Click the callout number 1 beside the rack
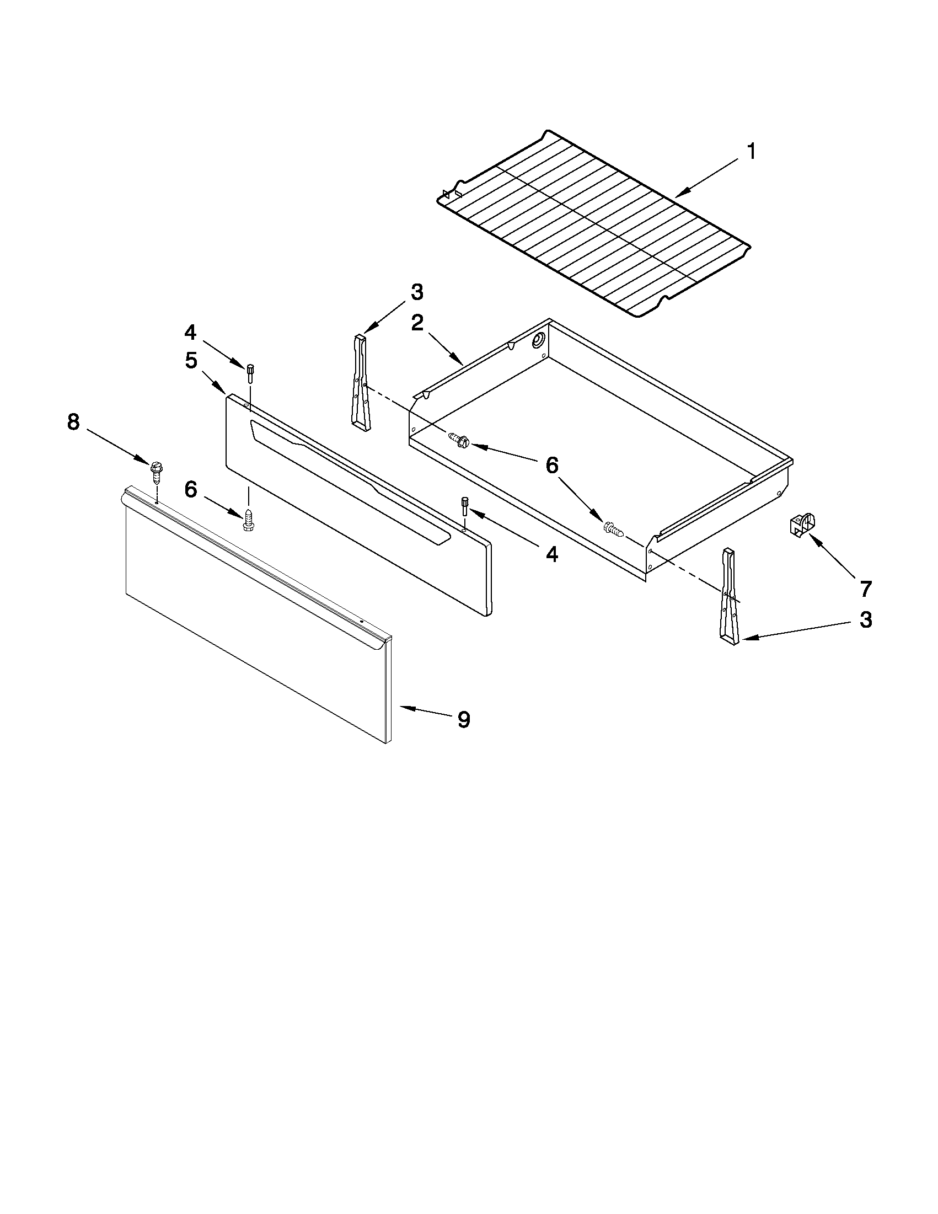pos(751,151)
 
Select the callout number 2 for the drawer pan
pos(417,323)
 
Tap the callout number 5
pos(191,360)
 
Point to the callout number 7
pos(865,588)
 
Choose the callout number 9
pos(463,719)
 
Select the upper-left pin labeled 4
pos(250,372)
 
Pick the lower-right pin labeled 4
pos(464,507)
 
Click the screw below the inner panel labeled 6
pos(248,518)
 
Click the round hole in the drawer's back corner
pos(539,340)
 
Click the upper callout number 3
pos(417,291)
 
